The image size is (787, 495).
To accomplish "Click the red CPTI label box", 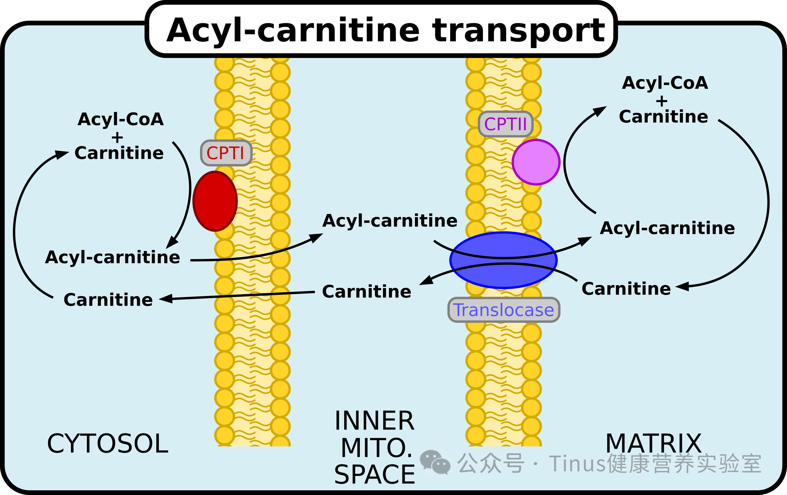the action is [226, 153].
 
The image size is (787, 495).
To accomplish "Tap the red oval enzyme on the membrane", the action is [215, 201].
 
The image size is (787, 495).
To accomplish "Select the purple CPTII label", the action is [506, 124].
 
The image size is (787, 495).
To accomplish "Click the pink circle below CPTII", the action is [536, 162].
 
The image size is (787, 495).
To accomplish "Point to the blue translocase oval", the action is [504, 260].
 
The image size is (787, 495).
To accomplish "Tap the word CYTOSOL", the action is [108, 444].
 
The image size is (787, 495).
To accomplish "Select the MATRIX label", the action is [654, 443].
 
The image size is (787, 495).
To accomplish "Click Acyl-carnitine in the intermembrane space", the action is [390, 221].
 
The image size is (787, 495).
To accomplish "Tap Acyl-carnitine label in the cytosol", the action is [112, 257].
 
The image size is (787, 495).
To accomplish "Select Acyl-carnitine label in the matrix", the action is [667, 228].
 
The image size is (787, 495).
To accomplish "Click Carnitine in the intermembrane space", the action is [367, 292].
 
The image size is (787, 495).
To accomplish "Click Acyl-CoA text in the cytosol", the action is [120, 119].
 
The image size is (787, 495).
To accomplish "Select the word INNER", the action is [374, 421].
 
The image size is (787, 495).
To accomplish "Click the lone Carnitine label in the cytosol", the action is [108, 300].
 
